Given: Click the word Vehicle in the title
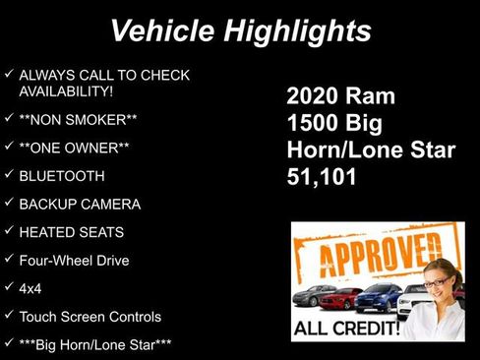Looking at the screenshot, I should (x=161, y=30).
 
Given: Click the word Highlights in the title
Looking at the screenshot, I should (x=294, y=30).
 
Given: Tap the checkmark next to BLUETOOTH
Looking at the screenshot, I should (x=9, y=176).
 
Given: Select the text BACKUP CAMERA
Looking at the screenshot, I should (x=80, y=205).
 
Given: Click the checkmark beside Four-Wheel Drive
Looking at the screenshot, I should (x=9, y=261).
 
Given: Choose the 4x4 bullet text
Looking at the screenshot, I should (x=30, y=289).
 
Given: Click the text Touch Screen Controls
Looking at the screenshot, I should (x=90, y=317).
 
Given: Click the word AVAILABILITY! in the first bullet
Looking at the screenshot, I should (x=72, y=90).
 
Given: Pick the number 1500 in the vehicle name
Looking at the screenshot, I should (x=317, y=124).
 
